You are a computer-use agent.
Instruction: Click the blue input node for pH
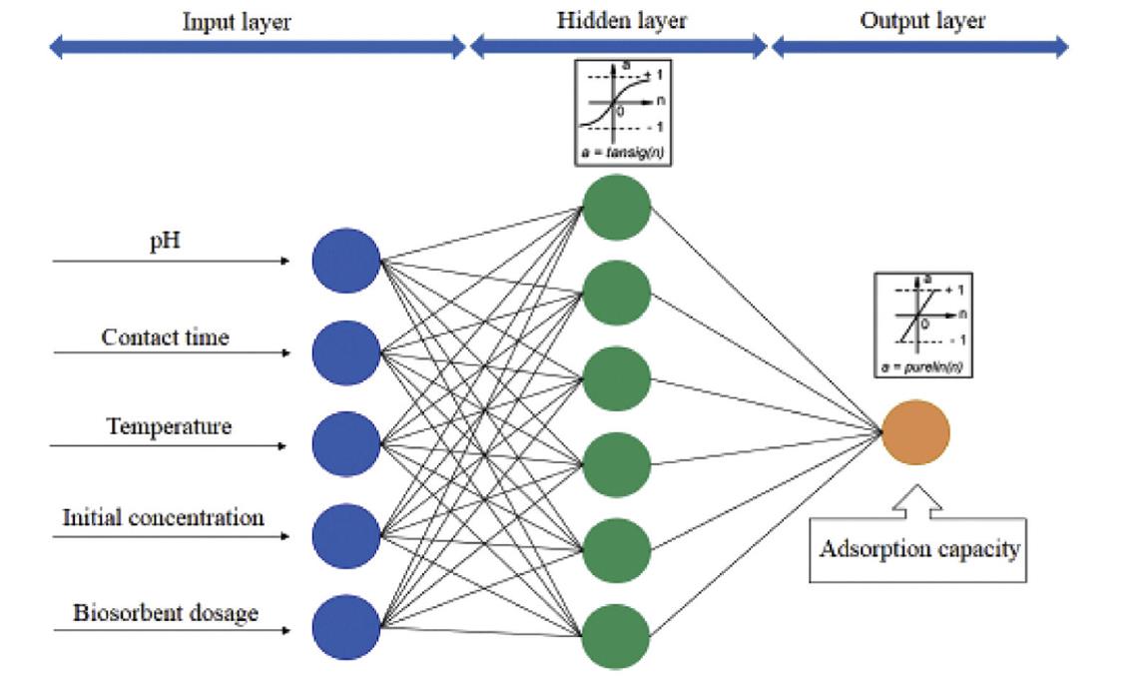coord(346,261)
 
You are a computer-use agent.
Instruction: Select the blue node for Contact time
coord(346,352)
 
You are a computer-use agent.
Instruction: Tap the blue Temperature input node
coord(346,444)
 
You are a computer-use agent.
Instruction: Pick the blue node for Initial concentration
coord(346,537)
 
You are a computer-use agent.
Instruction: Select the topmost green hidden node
coord(617,208)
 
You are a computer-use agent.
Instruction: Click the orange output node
coord(916,432)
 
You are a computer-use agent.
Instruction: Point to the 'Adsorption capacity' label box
coord(919,549)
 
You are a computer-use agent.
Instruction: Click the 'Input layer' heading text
coord(237,23)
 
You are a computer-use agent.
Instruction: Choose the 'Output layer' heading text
coord(922,21)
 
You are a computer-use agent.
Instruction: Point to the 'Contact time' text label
coord(165,338)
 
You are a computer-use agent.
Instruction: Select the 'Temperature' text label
coord(169,427)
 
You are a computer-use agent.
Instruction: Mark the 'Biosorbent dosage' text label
coord(166,612)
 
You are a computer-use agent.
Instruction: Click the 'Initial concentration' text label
coord(164,518)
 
